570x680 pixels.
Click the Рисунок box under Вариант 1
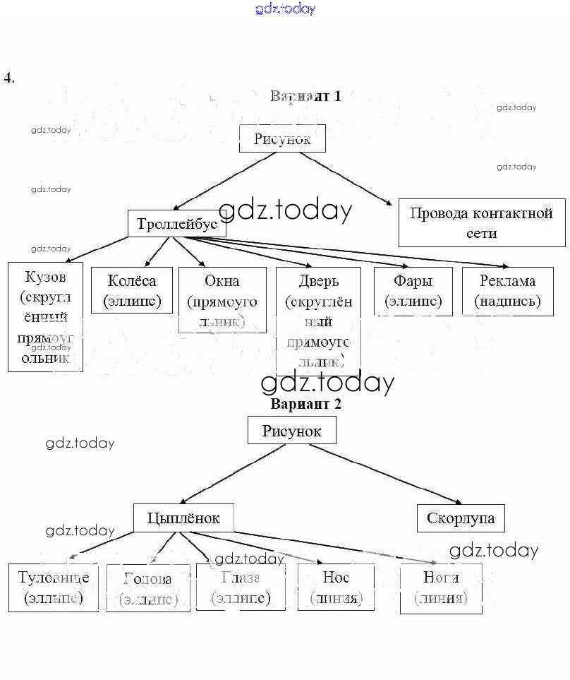(282, 138)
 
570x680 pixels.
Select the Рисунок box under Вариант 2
(291, 430)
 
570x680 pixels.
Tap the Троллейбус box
(177, 224)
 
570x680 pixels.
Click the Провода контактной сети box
(481, 223)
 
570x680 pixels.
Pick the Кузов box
(45, 316)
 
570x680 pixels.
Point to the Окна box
(222, 300)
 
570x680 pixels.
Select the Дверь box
(318, 321)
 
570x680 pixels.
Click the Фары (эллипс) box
(413, 290)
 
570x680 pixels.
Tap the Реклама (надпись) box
(507, 290)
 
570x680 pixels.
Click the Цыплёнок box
(183, 518)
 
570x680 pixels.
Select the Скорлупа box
(461, 518)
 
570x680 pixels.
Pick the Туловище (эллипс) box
(53, 587)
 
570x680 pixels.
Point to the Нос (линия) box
(336, 587)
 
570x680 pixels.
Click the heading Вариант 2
(305, 405)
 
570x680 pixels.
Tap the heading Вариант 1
(305, 96)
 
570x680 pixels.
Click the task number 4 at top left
(9, 78)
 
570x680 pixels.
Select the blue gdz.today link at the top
(285, 8)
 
